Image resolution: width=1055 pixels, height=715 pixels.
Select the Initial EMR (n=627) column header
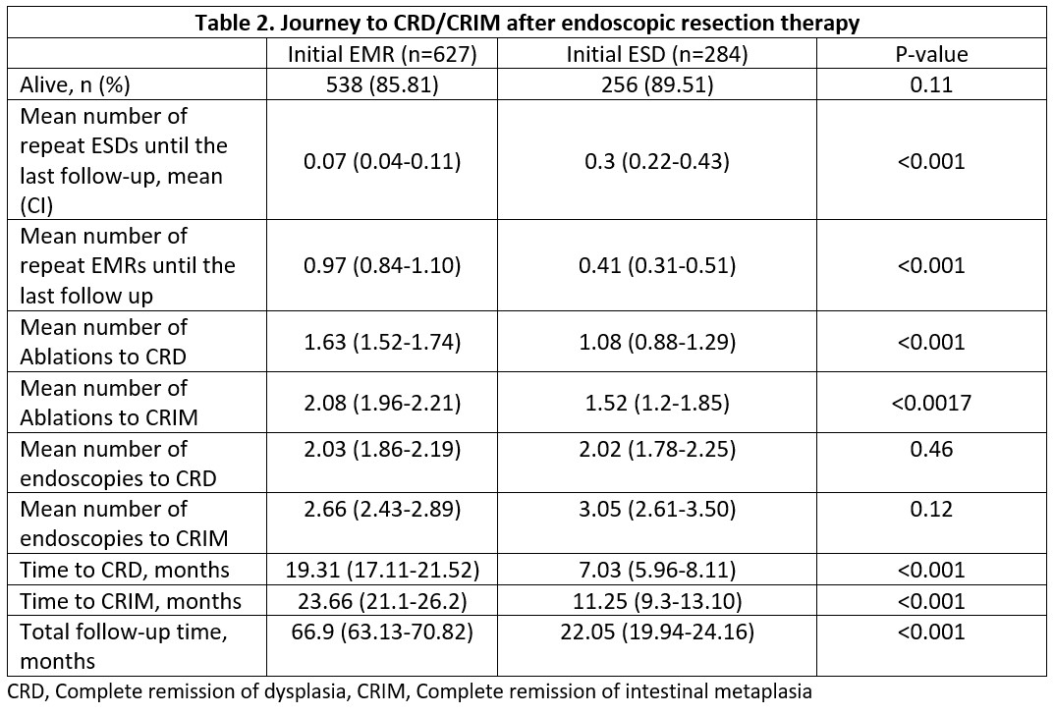point(382,54)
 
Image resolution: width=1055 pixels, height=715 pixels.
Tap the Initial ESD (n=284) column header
point(657,54)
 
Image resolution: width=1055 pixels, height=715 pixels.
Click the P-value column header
point(930,54)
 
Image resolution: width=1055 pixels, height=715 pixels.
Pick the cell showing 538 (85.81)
point(382,84)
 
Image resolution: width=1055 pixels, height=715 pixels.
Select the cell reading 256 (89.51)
point(657,84)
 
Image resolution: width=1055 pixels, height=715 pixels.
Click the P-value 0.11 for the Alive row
point(930,84)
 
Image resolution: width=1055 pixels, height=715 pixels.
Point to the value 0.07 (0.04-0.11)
point(382,160)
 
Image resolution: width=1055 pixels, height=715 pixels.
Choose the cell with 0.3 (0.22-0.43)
point(657,160)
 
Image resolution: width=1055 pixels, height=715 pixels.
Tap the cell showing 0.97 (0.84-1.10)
point(382,265)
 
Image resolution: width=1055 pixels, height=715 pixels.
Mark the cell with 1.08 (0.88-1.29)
point(657,342)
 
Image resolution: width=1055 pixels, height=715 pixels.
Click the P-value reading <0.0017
point(930,402)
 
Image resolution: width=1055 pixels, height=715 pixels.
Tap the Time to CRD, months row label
point(125,570)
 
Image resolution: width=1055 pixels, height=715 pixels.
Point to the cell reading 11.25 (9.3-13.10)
point(657,600)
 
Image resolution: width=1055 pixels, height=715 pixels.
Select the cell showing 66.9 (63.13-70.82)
point(382,632)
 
